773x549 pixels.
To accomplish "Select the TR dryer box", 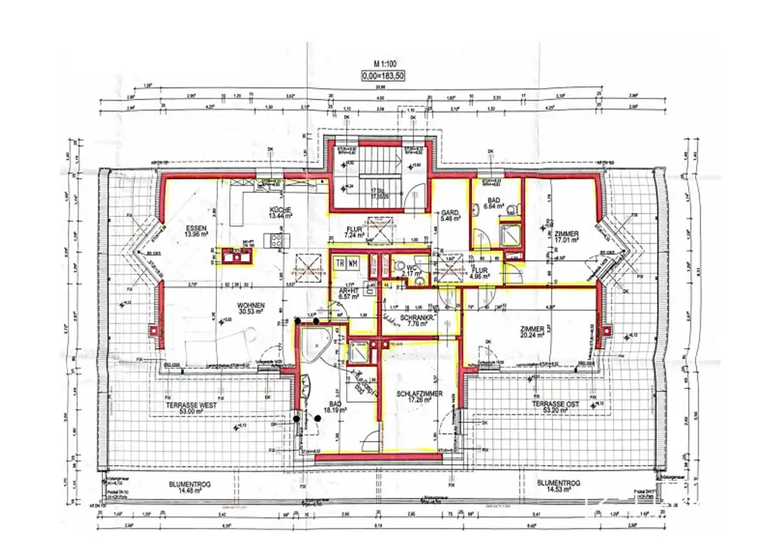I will coord(340,263).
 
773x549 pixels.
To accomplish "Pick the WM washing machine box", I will coord(353,263).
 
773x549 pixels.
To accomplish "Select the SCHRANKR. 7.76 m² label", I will coord(415,322).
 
